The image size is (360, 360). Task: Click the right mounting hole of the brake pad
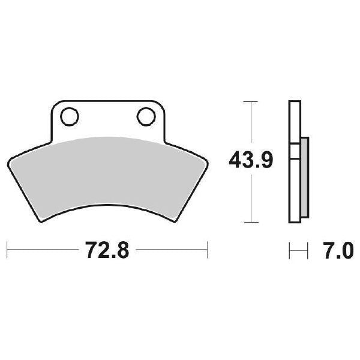pos(145,116)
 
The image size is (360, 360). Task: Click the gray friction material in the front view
pos(108,174)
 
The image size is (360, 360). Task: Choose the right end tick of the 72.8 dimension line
pos(207,249)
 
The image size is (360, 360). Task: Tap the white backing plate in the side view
pos(293,120)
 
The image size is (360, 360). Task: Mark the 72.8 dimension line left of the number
pos(42,249)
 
